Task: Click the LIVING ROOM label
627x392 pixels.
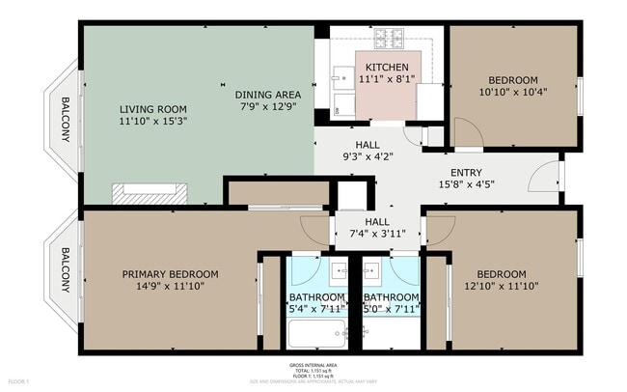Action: coord(152,109)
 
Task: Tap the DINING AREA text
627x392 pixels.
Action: coord(268,95)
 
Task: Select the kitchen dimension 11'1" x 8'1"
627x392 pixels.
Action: coord(386,78)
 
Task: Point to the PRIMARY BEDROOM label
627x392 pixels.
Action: coord(170,274)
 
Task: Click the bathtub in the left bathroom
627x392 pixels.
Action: coord(319,333)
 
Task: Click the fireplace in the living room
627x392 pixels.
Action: coord(148,192)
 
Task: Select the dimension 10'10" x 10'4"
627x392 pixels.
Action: coord(512,92)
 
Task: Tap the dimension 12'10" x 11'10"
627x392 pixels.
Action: coord(501,286)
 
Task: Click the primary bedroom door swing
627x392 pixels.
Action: coord(315,229)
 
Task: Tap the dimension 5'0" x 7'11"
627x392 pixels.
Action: coord(392,309)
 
